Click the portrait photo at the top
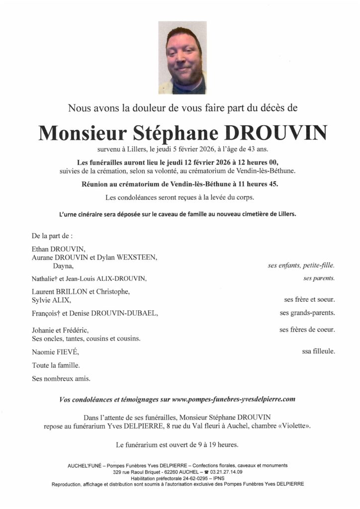coord(182,58)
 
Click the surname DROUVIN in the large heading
coord(276,133)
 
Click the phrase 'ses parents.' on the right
coord(319,278)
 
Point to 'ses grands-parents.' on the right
coord(307,313)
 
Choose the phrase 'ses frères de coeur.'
coord(307,330)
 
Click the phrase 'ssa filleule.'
coord(318,351)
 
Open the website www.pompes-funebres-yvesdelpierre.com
coord(233,399)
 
